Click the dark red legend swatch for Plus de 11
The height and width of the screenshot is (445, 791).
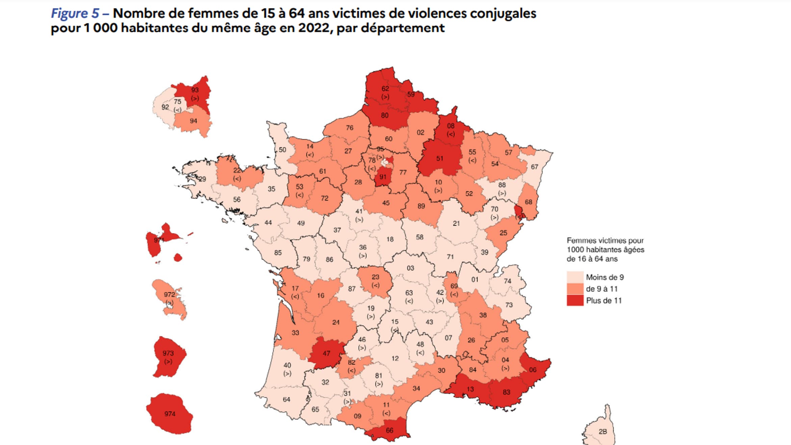(x=575, y=300)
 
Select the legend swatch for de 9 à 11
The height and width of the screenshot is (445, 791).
(x=575, y=289)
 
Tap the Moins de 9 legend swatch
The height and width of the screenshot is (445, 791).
(x=575, y=277)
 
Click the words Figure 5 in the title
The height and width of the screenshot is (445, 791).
(x=75, y=14)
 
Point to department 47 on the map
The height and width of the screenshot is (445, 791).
(x=326, y=353)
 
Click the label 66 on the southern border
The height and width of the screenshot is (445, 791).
(x=389, y=430)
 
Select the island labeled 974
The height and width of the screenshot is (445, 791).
(x=170, y=414)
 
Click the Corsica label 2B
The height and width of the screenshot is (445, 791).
(x=603, y=431)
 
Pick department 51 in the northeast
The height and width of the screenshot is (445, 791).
(x=439, y=158)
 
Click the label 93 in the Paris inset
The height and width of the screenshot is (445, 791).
(x=195, y=90)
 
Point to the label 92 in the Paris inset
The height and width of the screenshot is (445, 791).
(x=165, y=107)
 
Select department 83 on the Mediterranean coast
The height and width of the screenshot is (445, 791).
(x=506, y=392)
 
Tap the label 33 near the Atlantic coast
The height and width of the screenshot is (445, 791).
(x=295, y=333)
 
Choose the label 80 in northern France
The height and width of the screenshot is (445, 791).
(x=384, y=116)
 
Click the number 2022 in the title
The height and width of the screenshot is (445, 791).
(x=313, y=28)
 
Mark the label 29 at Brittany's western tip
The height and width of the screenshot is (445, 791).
(x=202, y=179)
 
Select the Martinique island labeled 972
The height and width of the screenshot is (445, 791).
(x=169, y=297)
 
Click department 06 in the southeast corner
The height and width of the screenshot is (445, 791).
(x=533, y=370)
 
